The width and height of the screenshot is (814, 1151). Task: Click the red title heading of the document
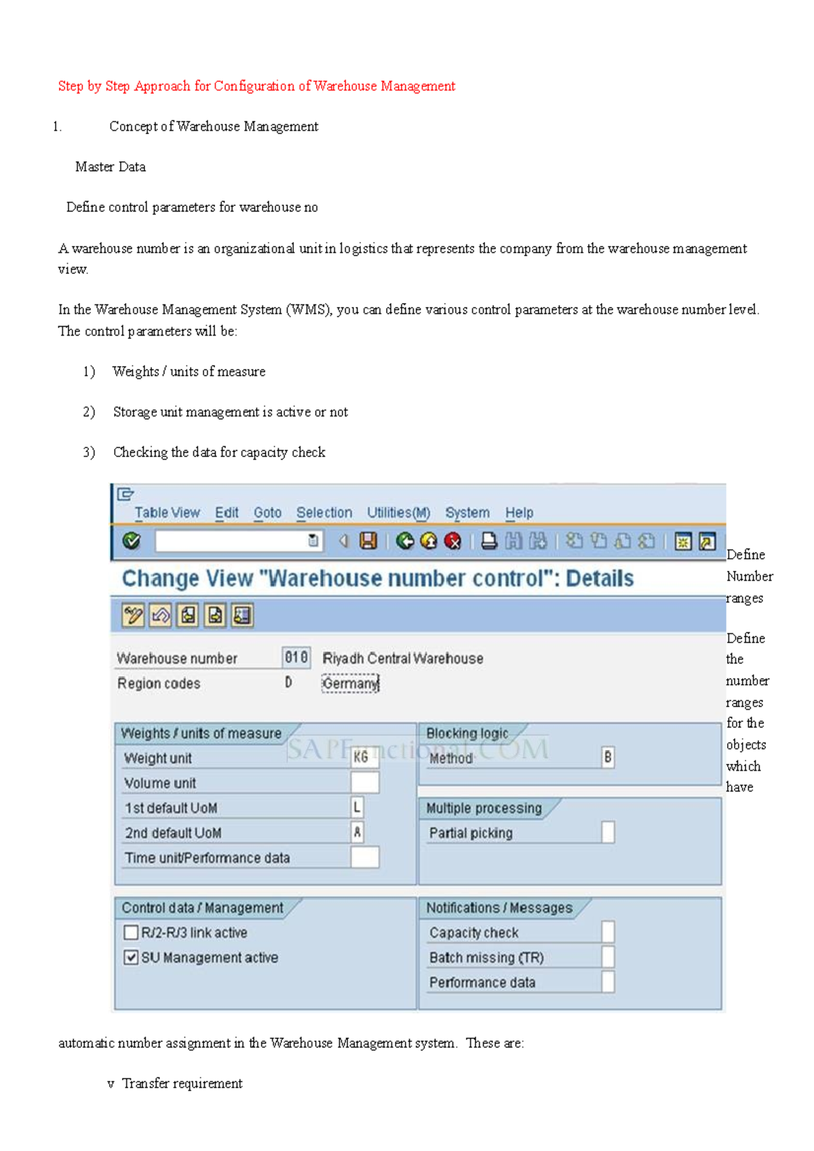pyautogui.click(x=256, y=86)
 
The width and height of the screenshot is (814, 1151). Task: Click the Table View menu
pyautogui.click(x=167, y=513)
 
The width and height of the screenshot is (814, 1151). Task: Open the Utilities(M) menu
pyautogui.click(x=398, y=513)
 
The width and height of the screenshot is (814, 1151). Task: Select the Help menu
pyautogui.click(x=519, y=513)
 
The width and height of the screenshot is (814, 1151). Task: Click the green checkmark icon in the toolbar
pyautogui.click(x=132, y=541)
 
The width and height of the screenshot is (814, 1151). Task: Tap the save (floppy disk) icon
pyautogui.click(x=368, y=541)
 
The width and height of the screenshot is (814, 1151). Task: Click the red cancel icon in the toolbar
pyautogui.click(x=452, y=541)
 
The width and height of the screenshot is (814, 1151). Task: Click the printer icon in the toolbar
pyautogui.click(x=489, y=541)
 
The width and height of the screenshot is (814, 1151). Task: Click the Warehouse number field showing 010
pyautogui.click(x=296, y=658)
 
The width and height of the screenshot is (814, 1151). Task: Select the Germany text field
pyautogui.click(x=350, y=683)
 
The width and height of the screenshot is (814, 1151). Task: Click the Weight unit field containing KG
pyautogui.click(x=364, y=757)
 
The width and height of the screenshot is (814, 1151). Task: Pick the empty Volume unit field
pyautogui.click(x=364, y=782)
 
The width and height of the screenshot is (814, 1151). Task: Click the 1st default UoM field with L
pyautogui.click(x=357, y=807)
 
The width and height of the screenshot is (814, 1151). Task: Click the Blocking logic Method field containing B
pyautogui.click(x=608, y=757)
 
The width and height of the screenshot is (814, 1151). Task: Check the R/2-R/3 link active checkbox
pyautogui.click(x=131, y=933)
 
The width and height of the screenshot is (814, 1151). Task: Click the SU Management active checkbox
pyautogui.click(x=131, y=958)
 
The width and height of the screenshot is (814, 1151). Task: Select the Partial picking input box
pyautogui.click(x=608, y=832)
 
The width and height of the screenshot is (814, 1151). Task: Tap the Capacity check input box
pyautogui.click(x=608, y=932)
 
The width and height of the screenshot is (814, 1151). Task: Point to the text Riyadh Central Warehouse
pyautogui.click(x=403, y=658)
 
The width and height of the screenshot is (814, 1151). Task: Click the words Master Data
pyautogui.click(x=111, y=167)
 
